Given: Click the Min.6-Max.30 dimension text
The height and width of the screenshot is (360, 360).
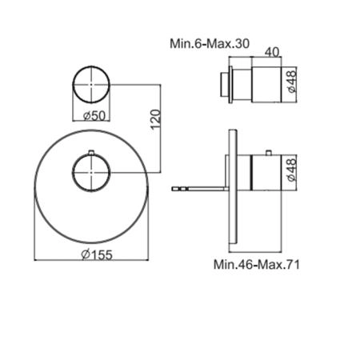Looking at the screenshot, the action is click(210, 43).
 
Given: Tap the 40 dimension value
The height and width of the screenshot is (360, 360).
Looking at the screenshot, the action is click(272, 52).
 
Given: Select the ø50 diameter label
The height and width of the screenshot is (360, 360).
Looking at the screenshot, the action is click(94, 116).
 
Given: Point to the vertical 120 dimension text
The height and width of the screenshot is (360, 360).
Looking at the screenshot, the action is click(156, 119).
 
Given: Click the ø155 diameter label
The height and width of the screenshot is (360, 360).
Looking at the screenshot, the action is click(97, 254).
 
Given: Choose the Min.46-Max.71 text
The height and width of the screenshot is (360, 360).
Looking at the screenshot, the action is click(257, 265).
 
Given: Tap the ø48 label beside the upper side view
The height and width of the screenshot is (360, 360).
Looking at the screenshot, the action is click(292, 81).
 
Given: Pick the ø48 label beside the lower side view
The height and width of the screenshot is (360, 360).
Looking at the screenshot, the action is click(292, 170).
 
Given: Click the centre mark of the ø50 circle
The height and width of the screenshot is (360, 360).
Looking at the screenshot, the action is click(91, 84).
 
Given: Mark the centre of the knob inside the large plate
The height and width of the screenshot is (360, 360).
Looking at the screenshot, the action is click(91, 173).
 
